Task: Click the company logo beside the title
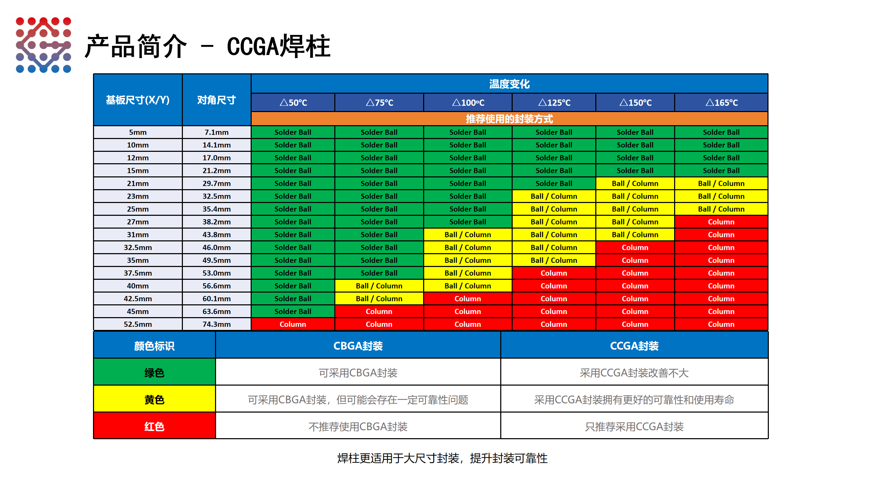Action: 44,45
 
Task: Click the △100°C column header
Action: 468,103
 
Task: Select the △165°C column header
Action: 721,103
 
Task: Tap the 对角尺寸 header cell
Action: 216,100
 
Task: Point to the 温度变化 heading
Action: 509,84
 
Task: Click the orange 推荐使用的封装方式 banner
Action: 509,119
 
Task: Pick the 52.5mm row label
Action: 138,324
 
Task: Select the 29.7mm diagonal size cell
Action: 216,184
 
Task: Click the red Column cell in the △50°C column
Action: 293,324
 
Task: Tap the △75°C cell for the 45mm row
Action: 379,312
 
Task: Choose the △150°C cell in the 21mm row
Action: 635,184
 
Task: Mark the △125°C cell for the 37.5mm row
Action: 553,273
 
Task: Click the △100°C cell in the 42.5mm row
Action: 468,299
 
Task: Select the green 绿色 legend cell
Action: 154,372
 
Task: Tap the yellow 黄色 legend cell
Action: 154,399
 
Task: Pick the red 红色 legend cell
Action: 154,426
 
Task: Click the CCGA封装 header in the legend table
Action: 634,346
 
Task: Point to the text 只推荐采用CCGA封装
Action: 634,426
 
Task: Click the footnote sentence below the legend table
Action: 442,458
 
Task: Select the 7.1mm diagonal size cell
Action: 216,132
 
